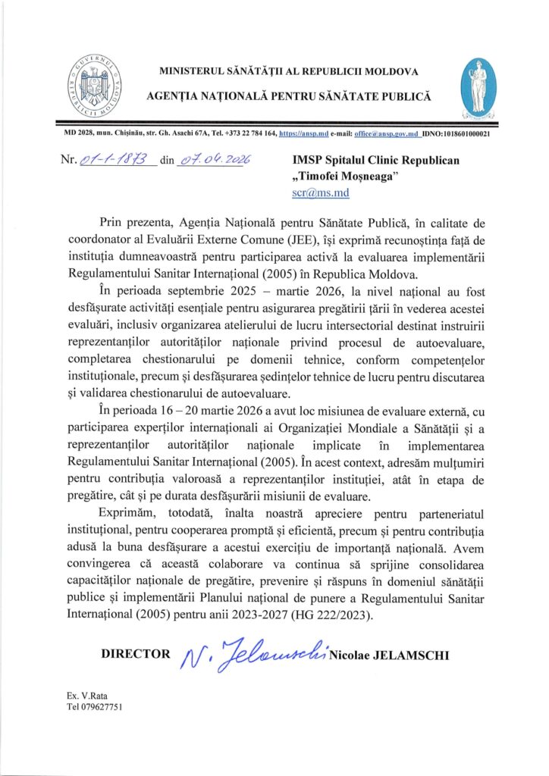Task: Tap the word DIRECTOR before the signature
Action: (x=136, y=653)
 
